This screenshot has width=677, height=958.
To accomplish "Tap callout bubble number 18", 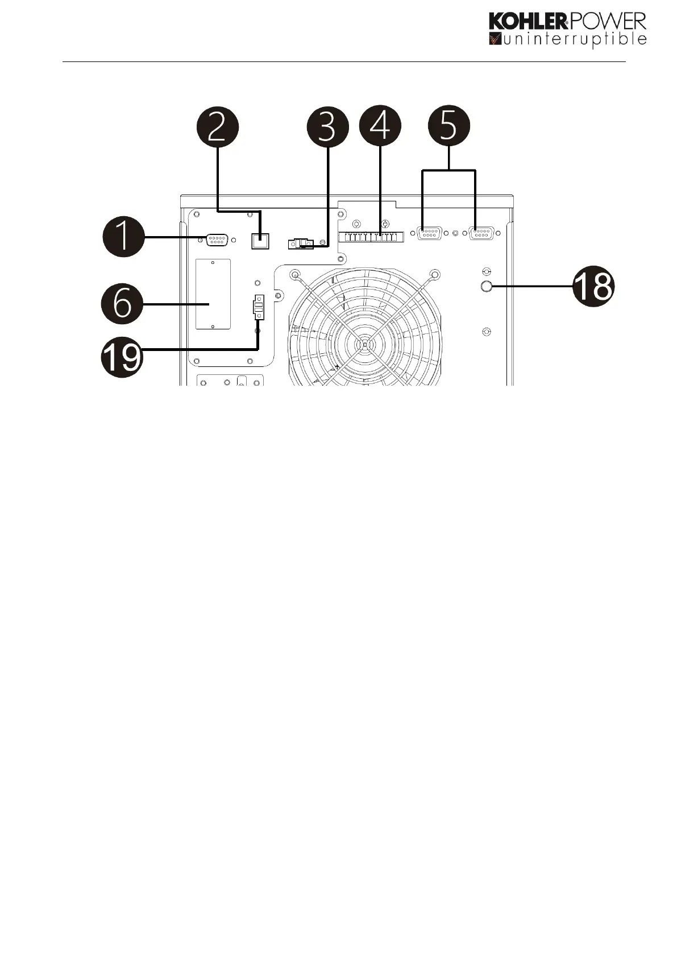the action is coord(593,287).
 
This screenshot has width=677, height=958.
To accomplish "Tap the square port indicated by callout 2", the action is coord(260,241).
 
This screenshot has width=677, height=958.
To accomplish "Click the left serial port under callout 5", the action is coord(430,233).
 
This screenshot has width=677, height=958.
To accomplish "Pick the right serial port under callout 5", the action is coord(481,233).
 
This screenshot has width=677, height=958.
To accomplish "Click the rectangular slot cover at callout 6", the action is coord(213,294).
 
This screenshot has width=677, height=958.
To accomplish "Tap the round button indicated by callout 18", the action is coord(486,287).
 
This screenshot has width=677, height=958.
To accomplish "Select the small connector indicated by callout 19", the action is coord(259,308).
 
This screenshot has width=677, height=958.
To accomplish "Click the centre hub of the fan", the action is coord(364,344).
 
